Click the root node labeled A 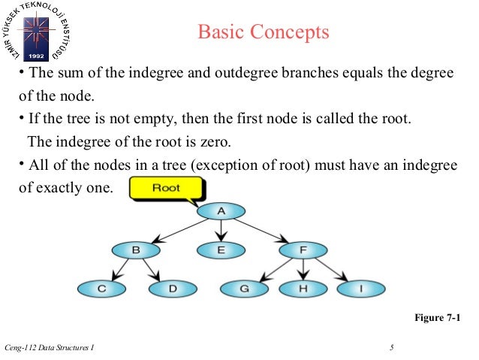click(221, 211)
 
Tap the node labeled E click(221, 250)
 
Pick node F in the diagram click(303, 250)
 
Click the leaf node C click(101, 288)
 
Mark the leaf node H click(303, 288)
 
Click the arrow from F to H click(303, 268)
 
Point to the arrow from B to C click(119, 269)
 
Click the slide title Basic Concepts click(263, 32)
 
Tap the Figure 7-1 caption click(437, 319)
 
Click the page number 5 click(392, 346)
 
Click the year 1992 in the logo click(35, 56)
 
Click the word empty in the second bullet click(141, 119)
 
